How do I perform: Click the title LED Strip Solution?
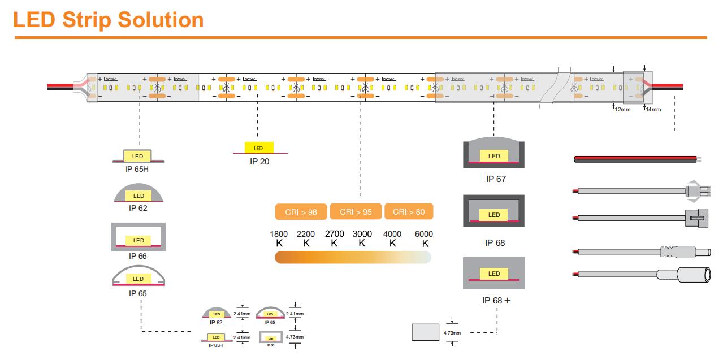pos(108,20)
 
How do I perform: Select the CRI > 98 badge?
pos(301,212)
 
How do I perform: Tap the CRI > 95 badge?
pos(356,212)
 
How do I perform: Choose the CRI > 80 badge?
pos(409,212)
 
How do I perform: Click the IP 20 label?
pos(259,162)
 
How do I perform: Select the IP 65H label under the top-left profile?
pos(137,169)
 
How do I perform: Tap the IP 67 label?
pos(496,179)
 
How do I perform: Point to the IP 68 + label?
pos(496,301)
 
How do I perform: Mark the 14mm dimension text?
pos(653,110)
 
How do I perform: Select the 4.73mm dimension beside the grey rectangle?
pos(453,333)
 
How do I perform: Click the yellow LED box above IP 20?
pos(259,148)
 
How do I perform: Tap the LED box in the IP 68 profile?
pos(494,215)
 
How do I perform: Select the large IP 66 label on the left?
pos(137,256)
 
